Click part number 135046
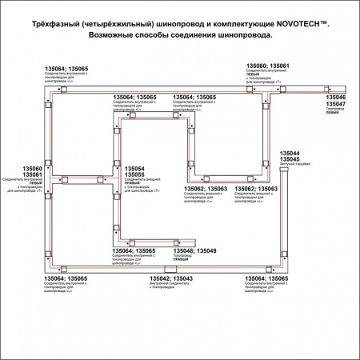click(x=336, y=97)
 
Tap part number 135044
click(x=289, y=152)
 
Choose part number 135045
click(x=289, y=159)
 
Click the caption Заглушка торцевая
click(x=289, y=165)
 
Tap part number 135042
click(x=159, y=278)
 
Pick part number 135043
click(x=182, y=278)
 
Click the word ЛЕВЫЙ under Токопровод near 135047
click(x=331, y=114)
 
